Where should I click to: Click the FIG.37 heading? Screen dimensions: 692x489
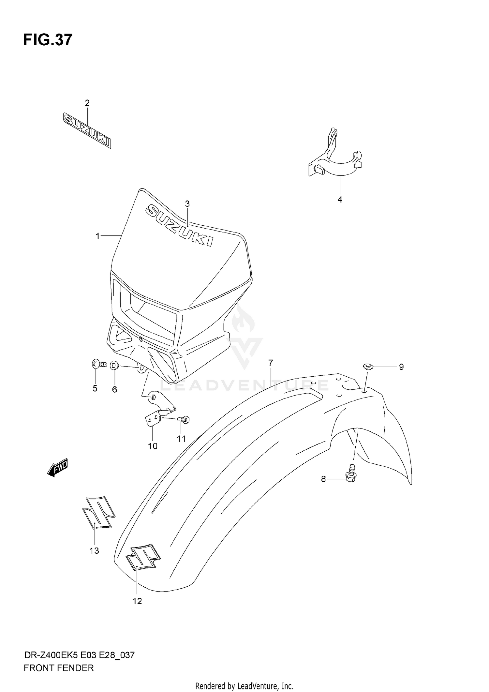tap(48, 40)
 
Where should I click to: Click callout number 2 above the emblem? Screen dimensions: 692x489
tap(87, 103)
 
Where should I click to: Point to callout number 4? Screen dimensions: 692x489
tap(340, 200)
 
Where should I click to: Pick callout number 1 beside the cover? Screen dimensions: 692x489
tap(97, 236)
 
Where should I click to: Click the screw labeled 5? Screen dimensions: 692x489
tap(99, 365)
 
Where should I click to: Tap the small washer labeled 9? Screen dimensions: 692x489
tap(368, 367)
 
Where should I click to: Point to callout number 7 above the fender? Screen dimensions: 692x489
tap(271, 363)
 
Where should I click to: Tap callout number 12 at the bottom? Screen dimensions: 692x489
tap(137, 601)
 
